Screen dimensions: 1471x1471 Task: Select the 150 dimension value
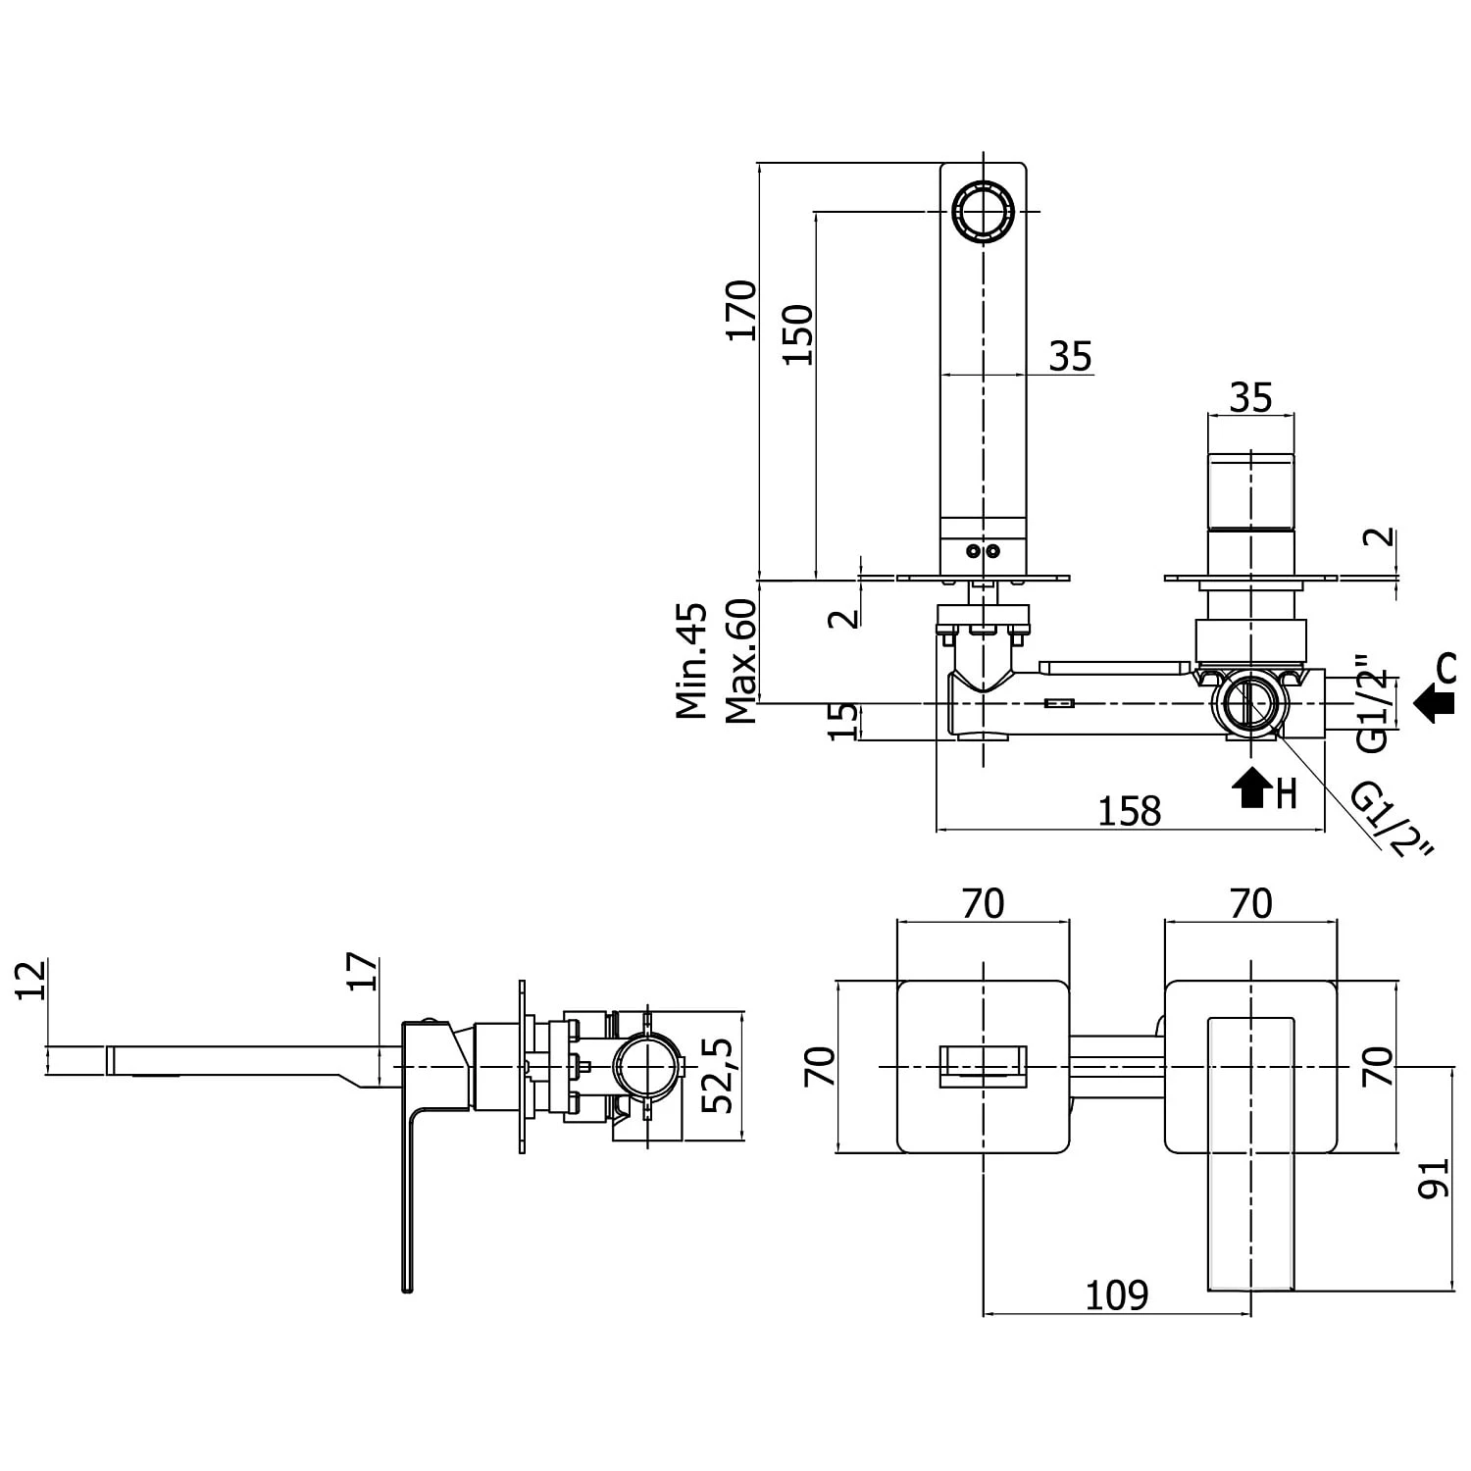tap(798, 334)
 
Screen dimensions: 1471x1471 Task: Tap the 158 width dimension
tap(1129, 812)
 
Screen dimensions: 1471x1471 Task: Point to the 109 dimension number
tap(1116, 1295)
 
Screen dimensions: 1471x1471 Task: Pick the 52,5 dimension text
tap(719, 1076)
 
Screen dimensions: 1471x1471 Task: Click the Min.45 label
tap(692, 661)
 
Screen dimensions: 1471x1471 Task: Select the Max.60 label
tap(741, 661)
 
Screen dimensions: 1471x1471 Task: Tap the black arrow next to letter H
tap(1251, 786)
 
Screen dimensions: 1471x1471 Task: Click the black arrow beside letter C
tap(1435, 703)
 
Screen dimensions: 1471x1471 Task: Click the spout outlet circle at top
tap(983, 211)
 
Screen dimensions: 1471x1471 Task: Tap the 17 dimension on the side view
tap(363, 971)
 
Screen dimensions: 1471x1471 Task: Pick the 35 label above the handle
tap(1250, 398)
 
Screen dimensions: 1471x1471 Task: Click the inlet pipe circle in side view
tap(647, 1066)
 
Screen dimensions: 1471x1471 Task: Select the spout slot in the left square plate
tap(983, 1066)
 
